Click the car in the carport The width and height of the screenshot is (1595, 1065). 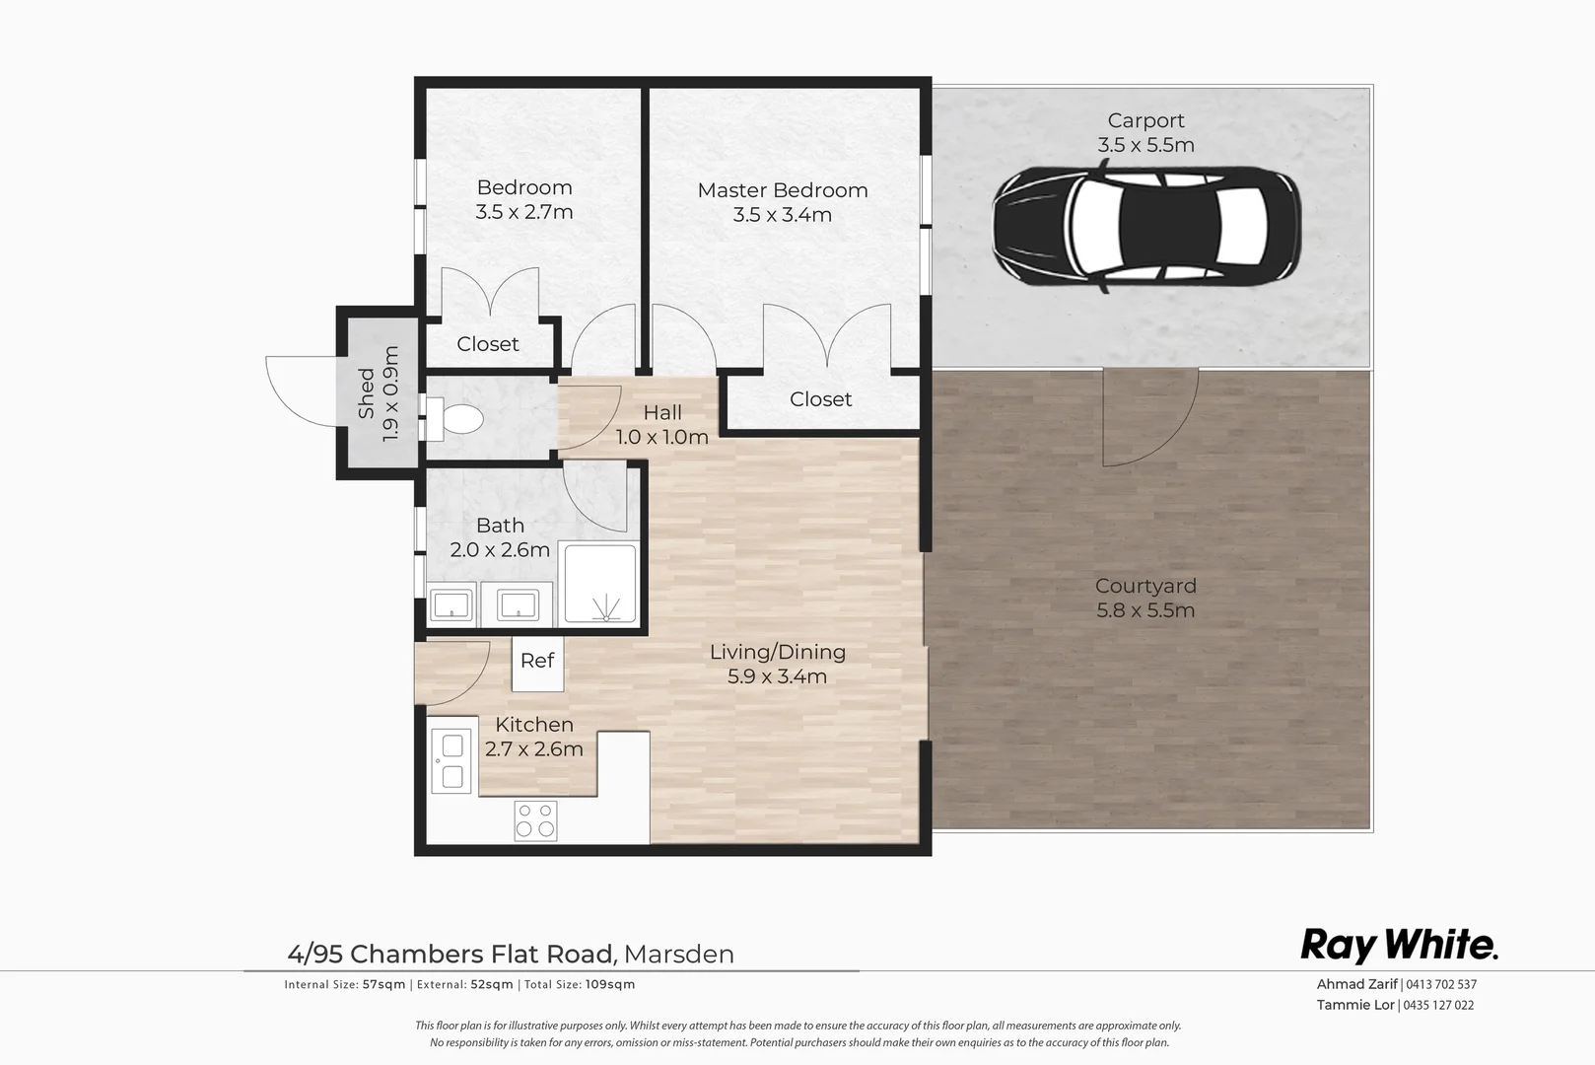click(x=1146, y=228)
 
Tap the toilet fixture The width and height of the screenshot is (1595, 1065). click(x=456, y=419)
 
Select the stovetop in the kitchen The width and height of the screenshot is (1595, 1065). click(x=535, y=820)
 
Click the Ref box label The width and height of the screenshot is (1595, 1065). click(x=537, y=661)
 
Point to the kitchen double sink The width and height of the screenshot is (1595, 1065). click(x=452, y=762)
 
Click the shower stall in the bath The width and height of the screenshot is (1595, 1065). click(x=599, y=584)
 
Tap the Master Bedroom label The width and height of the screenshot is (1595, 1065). click(x=783, y=190)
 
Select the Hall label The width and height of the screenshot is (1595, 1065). click(x=662, y=412)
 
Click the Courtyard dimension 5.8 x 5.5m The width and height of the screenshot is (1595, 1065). click(x=1145, y=610)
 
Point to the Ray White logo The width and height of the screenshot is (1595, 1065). click(x=1399, y=946)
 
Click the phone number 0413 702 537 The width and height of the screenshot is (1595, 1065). click(x=1441, y=984)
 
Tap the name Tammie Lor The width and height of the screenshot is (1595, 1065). click(x=1355, y=1005)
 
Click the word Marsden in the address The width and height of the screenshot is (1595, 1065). click(x=679, y=955)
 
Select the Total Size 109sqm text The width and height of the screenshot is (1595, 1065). click(x=580, y=984)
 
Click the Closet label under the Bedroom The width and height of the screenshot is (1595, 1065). click(x=488, y=344)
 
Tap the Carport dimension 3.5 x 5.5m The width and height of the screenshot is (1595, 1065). click(x=1145, y=145)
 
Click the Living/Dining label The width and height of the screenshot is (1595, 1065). click(x=778, y=652)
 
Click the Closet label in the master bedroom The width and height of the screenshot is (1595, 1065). click(x=820, y=399)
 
